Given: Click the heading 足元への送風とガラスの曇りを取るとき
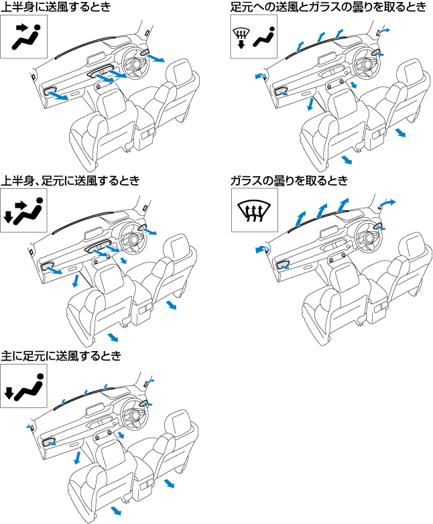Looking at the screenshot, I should point(326,7).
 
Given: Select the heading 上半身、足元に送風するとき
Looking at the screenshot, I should point(70,181).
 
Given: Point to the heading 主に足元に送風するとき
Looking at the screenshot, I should point(61,356).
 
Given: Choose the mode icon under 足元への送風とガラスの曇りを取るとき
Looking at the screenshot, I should point(253,38).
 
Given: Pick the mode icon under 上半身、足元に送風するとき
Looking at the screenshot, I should point(23,211).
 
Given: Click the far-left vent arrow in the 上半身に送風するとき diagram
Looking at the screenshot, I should point(58,96).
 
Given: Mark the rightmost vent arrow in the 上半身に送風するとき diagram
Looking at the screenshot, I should point(156,58).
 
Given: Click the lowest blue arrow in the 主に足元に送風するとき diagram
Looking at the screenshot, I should point(115,511).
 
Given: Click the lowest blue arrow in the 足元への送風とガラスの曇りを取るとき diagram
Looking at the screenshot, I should point(346,159).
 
